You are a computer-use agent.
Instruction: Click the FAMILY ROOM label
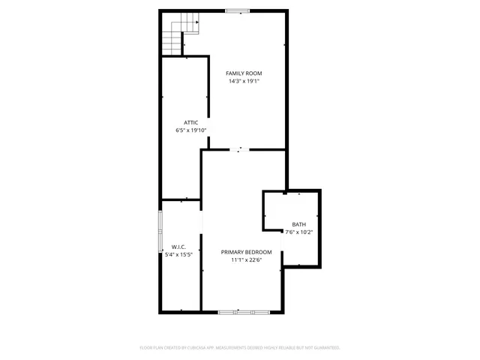pyautogui.click(x=244, y=73)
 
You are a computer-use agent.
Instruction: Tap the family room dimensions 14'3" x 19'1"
pyautogui.click(x=244, y=81)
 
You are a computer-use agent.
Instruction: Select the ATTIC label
pyautogui.click(x=190, y=122)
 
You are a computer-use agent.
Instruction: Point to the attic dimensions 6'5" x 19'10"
pyautogui.click(x=190, y=130)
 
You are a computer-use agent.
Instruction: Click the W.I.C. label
pyautogui.click(x=178, y=247)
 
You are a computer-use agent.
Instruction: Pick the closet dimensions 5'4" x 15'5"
pyautogui.click(x=178, y=255)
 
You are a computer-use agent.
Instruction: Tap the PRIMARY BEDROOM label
pyautogui.click(x=246, y=252)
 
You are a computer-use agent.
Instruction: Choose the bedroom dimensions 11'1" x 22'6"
pyautogui.click(x=246, y=260)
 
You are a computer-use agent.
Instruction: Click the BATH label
pyautogui.click(x=299, y=224)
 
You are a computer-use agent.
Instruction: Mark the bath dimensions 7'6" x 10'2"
pyautogui.click(x=299, y=232)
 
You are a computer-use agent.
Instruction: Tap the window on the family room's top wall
pyautogui.click(x=238, y=10)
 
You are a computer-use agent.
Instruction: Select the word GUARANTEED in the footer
pyautogui.click(x=327, y=348)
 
